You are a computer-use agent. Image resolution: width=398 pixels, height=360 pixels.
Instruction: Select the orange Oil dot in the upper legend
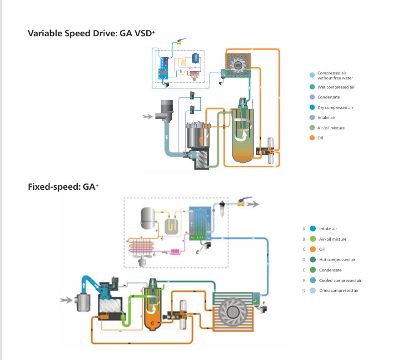click(x=312, y=138)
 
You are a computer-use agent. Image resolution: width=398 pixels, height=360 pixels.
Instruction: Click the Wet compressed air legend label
click(x=336, y=87)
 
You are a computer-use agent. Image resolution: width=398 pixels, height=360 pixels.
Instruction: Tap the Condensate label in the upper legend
click(x=328, y=97)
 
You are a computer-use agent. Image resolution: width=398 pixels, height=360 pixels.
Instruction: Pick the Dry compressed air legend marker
click(x=312, y=108)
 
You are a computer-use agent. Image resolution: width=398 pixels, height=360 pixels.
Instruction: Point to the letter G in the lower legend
click(x=303, y=291)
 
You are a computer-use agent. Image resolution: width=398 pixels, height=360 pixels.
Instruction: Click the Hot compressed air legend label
click(x=337, y=260)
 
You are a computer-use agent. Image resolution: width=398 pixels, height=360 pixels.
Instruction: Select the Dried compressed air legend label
click(x=338, y=291)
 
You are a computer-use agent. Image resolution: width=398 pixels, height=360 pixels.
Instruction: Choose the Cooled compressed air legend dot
click(x=313, y=281)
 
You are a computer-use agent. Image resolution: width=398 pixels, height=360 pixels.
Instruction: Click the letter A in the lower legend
click(x=303, y=229)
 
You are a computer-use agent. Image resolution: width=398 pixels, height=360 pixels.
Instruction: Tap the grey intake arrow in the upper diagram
click(x=147, y=117)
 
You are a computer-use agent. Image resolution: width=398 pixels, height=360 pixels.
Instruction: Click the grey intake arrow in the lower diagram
click(x=67, y=300)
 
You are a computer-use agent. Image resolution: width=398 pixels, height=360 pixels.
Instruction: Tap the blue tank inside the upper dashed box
click(x=196, y=58)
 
